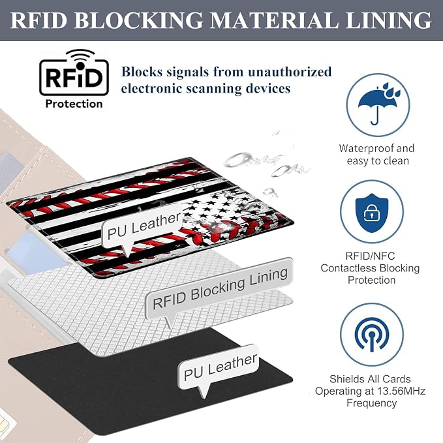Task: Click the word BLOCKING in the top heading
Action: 138,20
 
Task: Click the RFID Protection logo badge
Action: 74,79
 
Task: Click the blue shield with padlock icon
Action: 372,213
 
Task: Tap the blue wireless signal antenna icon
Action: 372,335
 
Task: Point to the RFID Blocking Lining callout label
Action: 219,289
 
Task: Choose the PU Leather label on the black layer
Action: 219,368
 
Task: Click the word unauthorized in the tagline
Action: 290,72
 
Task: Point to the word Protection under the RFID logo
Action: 74,104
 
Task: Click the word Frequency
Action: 372,403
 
